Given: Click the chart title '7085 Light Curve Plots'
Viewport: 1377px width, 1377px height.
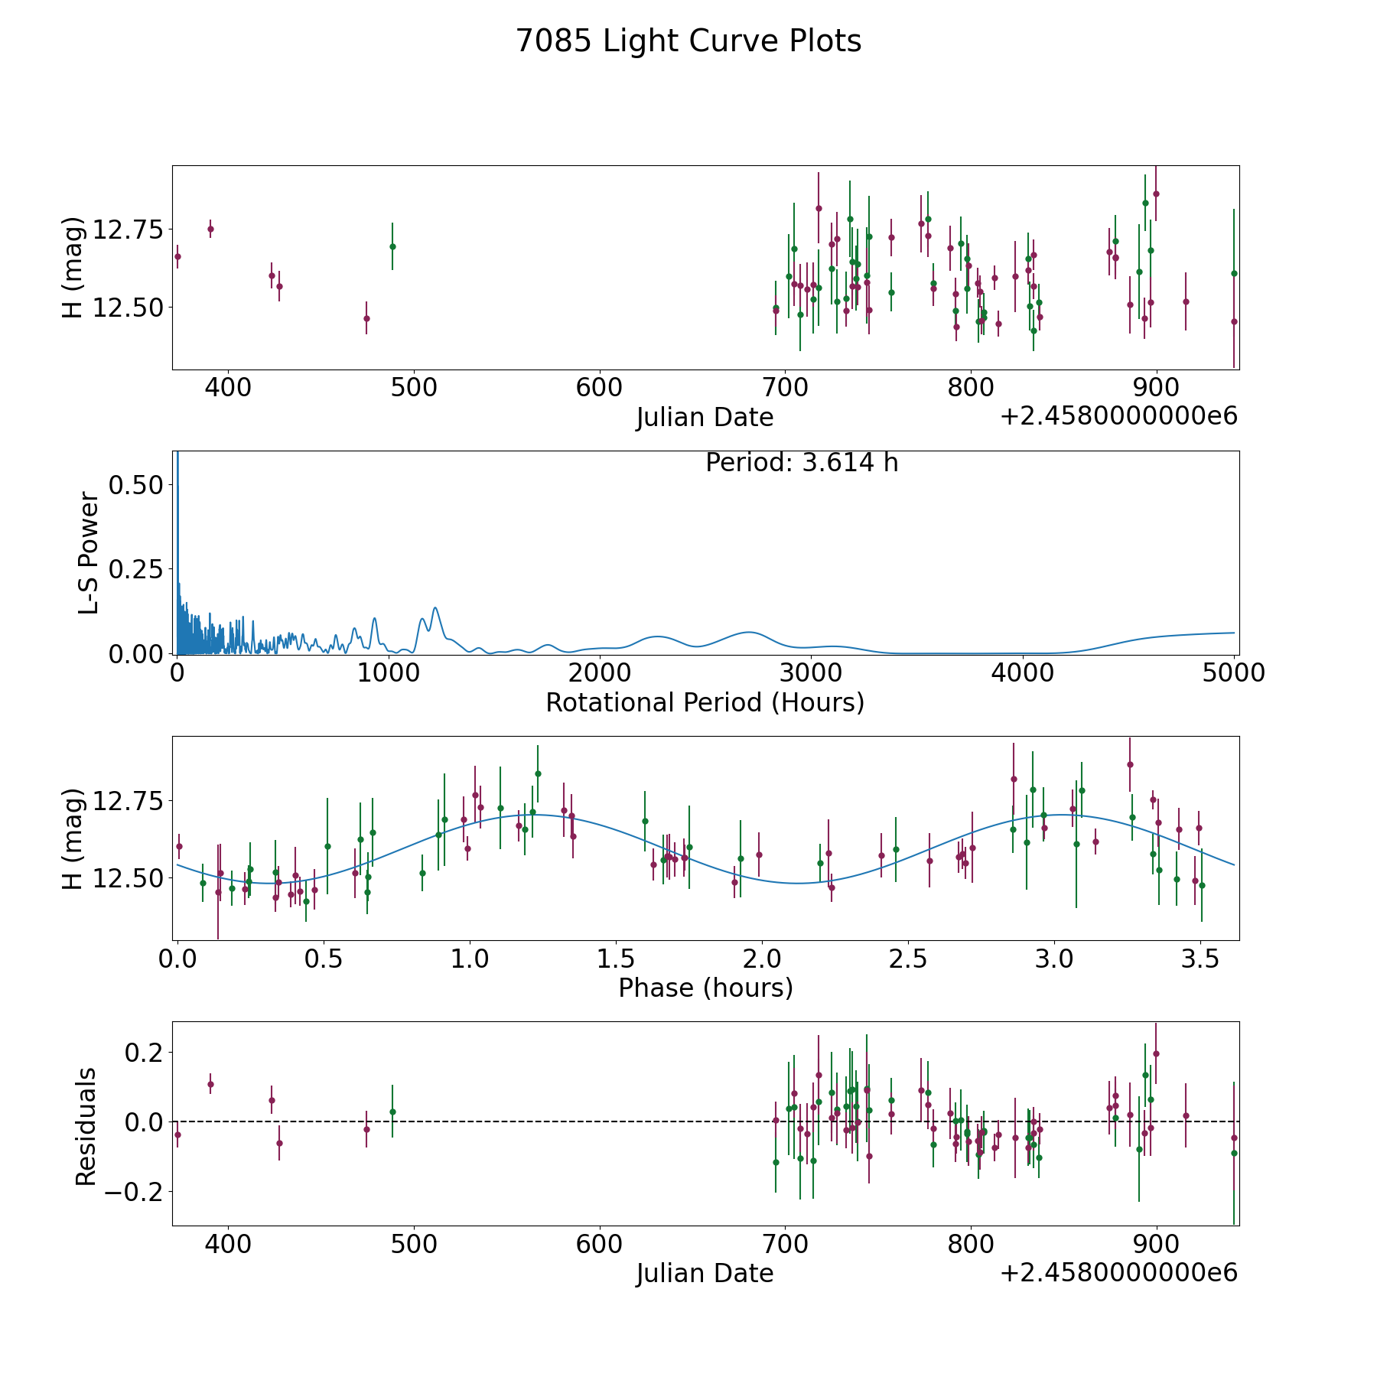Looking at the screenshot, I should tap(688, 41).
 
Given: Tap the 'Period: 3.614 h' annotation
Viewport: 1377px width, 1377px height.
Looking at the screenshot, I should tap(802, 463).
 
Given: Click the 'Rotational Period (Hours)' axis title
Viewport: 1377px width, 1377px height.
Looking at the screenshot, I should tap(705, 702).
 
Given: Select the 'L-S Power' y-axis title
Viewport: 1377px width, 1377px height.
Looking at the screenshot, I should tap(89, 553).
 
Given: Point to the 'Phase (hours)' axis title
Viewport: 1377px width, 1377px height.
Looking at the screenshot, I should tap(705, 988).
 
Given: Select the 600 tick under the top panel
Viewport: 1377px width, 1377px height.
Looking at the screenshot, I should tap(599, 388).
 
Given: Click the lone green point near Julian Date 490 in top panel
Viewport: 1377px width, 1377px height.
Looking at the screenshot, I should tap(392, 246).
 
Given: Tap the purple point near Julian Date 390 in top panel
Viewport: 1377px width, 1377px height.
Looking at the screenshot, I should tap(210, 229).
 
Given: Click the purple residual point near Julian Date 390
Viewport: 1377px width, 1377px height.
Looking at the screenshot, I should tap(210, 1084).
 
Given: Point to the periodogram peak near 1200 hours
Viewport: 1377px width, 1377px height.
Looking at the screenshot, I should tap(435, 608).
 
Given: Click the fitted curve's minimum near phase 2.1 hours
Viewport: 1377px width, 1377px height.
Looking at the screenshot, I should tap(799, 884).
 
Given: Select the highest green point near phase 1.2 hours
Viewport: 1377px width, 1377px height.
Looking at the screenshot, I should tap(538, 773).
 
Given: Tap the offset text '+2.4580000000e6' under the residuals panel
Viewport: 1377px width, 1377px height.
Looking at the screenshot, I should tap(1118, 1274).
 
